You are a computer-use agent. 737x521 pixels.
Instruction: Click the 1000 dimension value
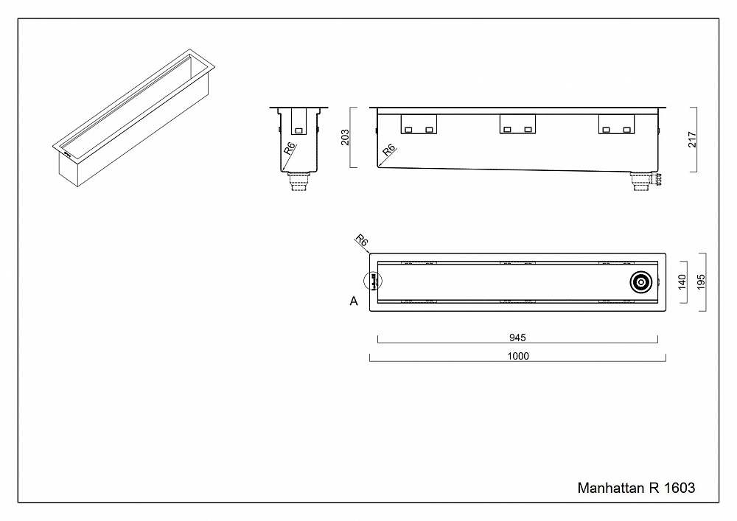pos(518,356)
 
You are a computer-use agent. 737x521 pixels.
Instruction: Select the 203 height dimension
pos(346,139)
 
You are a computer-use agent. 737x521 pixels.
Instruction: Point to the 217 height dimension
pos(692,139)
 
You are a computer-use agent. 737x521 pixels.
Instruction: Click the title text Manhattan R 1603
pos(635,488)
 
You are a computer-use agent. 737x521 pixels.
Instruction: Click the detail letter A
pos(354,301)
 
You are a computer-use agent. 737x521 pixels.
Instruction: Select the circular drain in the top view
pos(640,282)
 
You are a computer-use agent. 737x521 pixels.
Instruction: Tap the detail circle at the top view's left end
pos(374,281)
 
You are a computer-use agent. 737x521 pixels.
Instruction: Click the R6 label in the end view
pos(290,149)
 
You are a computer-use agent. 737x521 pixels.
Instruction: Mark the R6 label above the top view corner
pos(361,240)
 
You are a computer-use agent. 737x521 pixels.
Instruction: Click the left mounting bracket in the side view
pos(418,125)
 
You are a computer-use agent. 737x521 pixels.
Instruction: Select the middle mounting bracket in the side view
pos(517,125)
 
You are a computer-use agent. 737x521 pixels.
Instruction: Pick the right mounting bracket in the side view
pos(616,125)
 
